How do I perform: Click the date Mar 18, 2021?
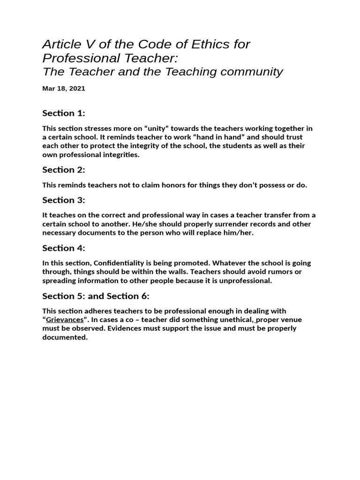point(64,88)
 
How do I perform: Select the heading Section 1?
point(64,113)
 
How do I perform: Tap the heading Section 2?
point(64,170)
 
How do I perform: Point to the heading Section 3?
point(64,200)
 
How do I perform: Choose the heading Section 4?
point(64,248)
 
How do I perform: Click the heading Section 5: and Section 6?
point(96,296)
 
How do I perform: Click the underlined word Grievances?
point(65,320)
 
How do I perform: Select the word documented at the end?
point(64,337)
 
